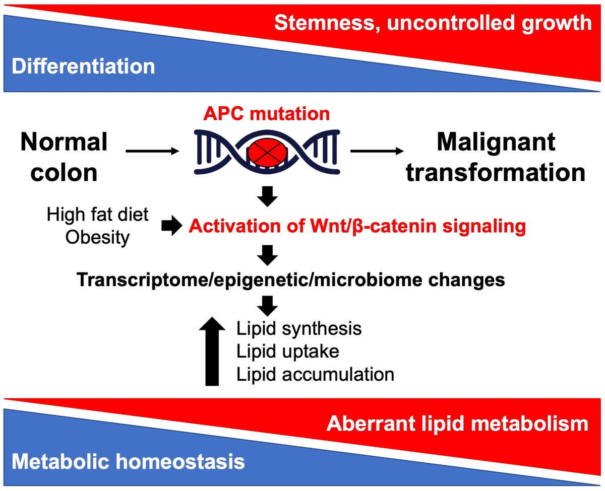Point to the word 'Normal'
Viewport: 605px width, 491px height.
click(x=64, y=143)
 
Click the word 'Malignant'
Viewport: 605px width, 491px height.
click(x=496, y=142)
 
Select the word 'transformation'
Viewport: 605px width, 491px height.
click(x=496, y=172)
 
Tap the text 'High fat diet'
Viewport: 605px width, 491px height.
click(x=98, y=215)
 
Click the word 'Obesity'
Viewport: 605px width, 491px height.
click(x=98, y=237)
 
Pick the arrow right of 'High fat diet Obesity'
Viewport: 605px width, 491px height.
click(x=169, y=227)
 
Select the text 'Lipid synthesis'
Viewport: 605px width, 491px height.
click(x=299, y=329)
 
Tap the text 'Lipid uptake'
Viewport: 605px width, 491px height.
click(x=287, y=352)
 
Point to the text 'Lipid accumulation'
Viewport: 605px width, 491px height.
click(x=315, y=374)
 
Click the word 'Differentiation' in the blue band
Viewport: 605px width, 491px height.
click(x=83, y=66)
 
